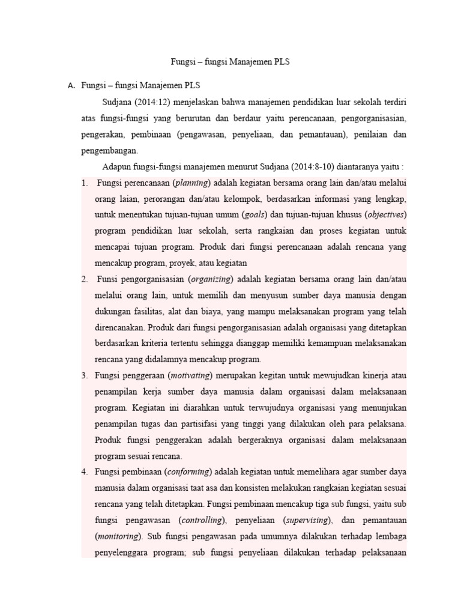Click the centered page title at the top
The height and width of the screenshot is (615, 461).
tap(230, 62)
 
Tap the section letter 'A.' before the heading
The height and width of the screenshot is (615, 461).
tap(71, 85)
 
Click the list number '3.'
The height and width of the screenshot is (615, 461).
tap(85, 375)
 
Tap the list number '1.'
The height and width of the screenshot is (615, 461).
tap(85, 183)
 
